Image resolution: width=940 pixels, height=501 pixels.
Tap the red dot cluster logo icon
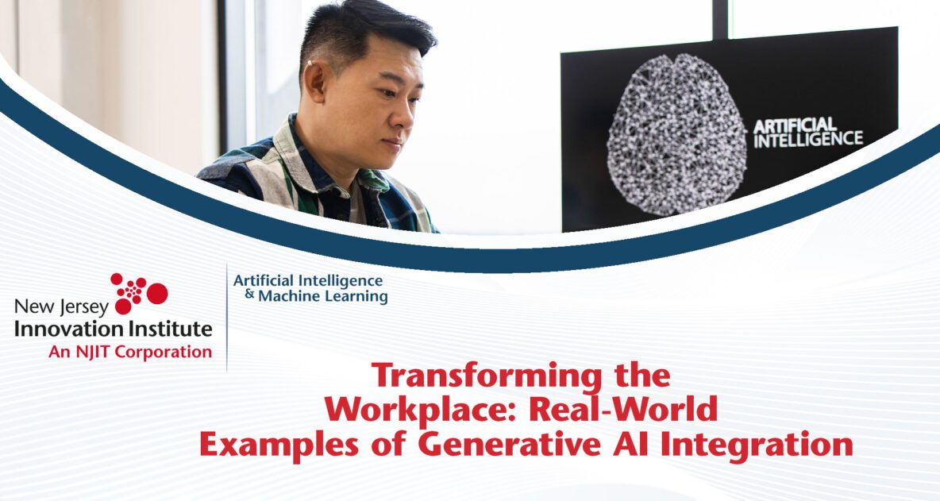(x=138, y=293)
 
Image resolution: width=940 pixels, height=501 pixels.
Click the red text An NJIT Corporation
(x=130, y=351)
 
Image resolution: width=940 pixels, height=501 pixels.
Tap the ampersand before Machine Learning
(x=249, y=295)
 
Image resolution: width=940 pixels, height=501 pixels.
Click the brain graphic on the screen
(x=676, y=135)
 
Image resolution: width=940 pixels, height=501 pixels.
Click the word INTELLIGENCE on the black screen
(x=807, y=139)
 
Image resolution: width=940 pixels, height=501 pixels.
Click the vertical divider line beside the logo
(x=227, y=318)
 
